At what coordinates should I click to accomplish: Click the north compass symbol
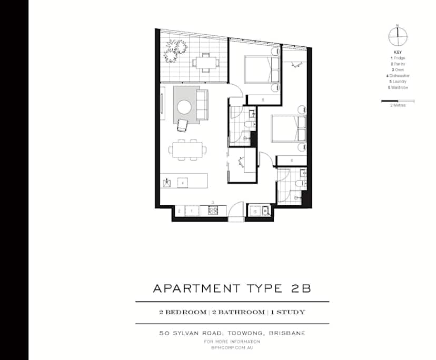398,36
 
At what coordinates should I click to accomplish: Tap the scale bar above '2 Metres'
398,101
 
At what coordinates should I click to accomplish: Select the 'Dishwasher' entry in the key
399,76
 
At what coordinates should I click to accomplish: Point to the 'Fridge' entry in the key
398,58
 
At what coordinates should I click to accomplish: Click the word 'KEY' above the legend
398,52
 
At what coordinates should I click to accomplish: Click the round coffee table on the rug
184,107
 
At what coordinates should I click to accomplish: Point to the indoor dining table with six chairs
187,150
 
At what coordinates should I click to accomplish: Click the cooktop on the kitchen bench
213,211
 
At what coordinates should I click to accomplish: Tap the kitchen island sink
167,183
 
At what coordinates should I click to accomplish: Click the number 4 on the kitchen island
182,183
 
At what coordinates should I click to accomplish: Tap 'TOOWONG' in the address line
232,333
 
